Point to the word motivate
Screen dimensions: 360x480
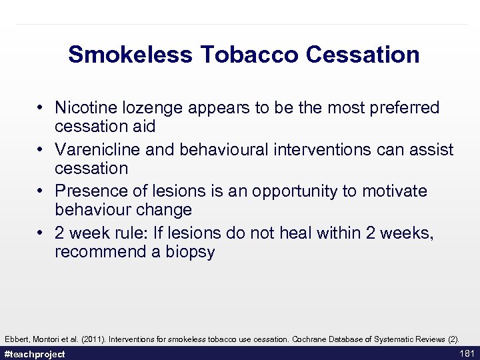tap(395, 191)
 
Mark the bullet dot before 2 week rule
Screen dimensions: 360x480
tap(41, 233)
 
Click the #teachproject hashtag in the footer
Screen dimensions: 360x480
tap(35, 354)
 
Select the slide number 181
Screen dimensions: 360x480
tap(466, 353)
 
